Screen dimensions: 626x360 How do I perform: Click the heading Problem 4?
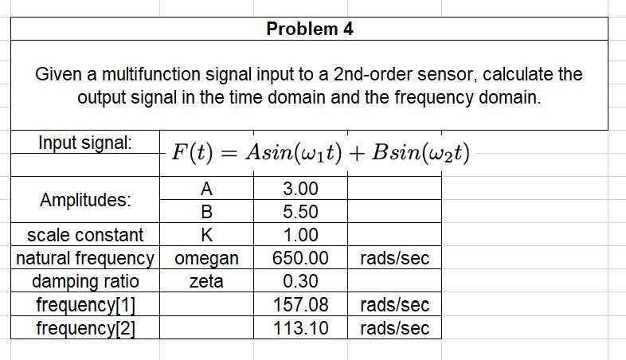(310, 29)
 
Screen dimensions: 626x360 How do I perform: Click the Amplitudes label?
(86, 200)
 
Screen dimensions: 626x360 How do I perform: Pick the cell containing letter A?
(206, 190)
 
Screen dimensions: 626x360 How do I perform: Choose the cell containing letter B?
(206, 213)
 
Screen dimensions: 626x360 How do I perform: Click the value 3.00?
(300, 190)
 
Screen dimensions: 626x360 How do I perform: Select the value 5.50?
(300, 213)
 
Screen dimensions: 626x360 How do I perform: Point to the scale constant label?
(86, 235)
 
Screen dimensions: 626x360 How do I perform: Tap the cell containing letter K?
(206, 235)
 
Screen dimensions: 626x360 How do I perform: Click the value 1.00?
(300, 235)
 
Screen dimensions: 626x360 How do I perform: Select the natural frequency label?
(86, 258)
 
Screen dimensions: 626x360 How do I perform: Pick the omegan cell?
(206, 258)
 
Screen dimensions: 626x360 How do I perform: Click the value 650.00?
(300, 258)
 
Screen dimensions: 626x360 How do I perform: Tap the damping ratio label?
(86, 281)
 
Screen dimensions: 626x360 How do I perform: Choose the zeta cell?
(206, 281)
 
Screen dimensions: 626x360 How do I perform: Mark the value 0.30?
(300, 281)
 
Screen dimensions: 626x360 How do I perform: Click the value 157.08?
(300, 304)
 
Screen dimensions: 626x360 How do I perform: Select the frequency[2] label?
(86, 327)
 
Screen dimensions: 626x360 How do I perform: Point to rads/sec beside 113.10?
(394, 327)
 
